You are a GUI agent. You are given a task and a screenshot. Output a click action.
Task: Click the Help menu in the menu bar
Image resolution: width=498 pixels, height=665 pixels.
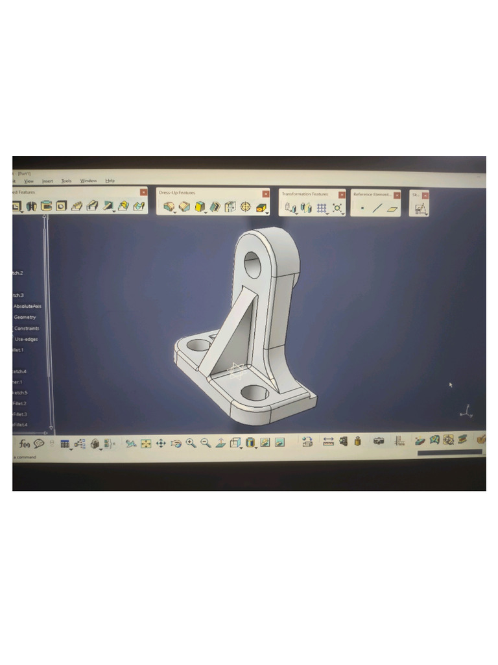point(110,181)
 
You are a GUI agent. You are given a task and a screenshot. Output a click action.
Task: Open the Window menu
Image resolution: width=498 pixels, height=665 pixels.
point(88,181)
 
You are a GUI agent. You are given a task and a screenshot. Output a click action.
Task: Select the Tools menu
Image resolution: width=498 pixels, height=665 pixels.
point(66,181)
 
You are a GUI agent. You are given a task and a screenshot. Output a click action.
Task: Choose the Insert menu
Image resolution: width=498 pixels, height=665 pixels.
point(47,181)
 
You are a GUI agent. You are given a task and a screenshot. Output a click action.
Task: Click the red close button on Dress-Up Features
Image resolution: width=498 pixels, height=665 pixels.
point(266,194)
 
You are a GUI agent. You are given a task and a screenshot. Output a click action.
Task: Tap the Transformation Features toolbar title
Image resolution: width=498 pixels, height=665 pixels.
point(305,194)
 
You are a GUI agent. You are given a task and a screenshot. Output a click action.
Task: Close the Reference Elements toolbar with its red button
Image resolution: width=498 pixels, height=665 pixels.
point(397,195)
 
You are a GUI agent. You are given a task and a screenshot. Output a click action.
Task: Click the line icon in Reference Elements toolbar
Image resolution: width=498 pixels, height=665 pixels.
point(377,208)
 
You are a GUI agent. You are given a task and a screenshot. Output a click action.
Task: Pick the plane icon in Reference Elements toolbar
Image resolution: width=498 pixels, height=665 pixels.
point(392,208)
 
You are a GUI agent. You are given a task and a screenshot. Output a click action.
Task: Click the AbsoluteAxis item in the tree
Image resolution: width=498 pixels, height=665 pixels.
point(27,306)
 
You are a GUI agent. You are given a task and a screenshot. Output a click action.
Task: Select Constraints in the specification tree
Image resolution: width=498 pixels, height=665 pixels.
point(27,328)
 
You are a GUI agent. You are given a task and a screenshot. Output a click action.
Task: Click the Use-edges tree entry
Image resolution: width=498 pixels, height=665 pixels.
point(26,339)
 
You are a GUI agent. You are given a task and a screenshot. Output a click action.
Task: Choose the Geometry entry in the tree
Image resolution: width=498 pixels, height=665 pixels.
point(25,317)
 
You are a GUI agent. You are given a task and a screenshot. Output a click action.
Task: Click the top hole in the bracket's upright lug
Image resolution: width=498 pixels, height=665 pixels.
point(252,265)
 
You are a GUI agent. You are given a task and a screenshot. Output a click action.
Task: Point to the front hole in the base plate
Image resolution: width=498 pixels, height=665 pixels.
point(255,392)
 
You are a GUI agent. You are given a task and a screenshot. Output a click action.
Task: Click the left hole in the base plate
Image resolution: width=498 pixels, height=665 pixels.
point(198,345)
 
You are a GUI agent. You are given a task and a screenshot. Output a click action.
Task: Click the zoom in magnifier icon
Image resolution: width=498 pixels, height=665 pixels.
point(191,443)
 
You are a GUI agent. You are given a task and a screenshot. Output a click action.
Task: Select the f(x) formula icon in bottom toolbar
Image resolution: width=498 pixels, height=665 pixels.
point(25,444)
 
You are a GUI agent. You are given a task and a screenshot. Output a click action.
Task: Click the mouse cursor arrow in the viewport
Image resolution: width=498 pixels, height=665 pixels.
point(450,384)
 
